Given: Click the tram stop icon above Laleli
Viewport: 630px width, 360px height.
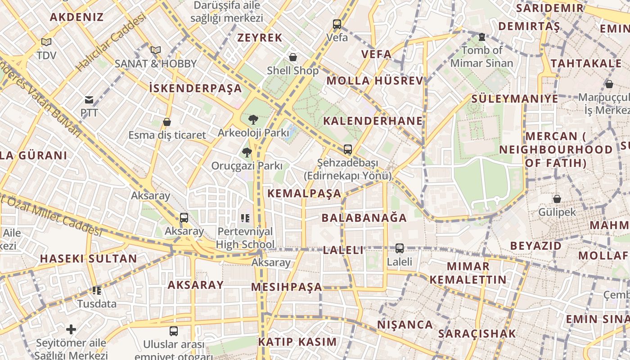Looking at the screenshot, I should pyautogui.click(x=400, y=248).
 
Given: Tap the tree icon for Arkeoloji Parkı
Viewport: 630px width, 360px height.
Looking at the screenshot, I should pyautogui.click(x=253, y=120).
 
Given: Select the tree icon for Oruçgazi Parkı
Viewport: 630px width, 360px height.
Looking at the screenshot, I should pyautogui.click(x=247, y=153).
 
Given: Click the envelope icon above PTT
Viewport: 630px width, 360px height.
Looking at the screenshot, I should pyautogui.click(x=89, y=100).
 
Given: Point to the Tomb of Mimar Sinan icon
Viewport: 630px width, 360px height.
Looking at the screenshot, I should pyautogui.click(x=482, y=37).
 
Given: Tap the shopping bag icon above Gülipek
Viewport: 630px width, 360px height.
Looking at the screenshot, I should pyautogui.click(x=557, y=198).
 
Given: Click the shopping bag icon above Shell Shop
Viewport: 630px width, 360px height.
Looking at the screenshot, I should pyautogui.click(x=293, y=57).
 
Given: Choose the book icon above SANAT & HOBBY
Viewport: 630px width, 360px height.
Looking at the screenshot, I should pyautogui.click(x=156, y=50).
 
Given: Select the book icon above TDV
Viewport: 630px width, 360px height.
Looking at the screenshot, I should pyautogui.click(x=46, y=42).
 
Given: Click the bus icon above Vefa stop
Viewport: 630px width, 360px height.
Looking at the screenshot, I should pyautogui.click(x=337, y=24).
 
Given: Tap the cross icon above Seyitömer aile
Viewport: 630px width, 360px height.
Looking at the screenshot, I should pyautogui.click(x=71, y=329).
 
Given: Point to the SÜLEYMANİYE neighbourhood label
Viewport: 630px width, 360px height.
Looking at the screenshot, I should pyautogui.click(x=514, y=99).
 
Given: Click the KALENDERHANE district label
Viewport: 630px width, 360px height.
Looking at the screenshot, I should pyautogui.click(x=373, y=121).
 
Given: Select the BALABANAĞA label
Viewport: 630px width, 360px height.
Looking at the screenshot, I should pyautogui.click(x=364, y=218).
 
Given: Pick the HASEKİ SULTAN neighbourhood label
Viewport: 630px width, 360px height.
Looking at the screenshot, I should pyautogui.click(x=88, y=258).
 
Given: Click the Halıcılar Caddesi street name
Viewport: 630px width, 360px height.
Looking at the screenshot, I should pyautogui.click(x=111, y=42).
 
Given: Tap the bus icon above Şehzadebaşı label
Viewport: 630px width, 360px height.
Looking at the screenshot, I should pyautogui.click(x=347, y=149).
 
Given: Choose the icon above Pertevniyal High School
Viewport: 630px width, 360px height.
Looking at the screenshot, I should pyautogui.click(x=245, y=218).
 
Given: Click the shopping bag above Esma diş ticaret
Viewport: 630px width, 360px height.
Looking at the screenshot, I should pyautogui.click(x=167, y=122).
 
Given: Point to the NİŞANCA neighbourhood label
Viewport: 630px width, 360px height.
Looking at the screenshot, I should pyautogui.click(x=405, y=324).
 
